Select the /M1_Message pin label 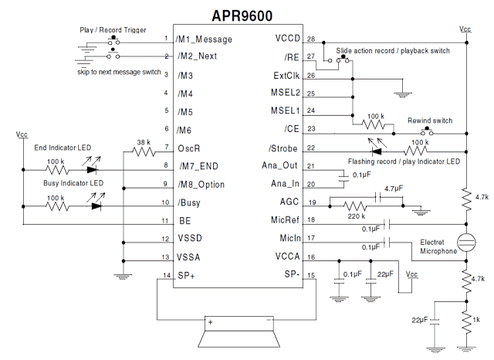[x=204, y=39]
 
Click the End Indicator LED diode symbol [x=93, y=168]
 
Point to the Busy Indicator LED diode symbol [x=96, y=206]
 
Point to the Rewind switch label [x=430, y=121]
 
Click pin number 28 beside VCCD [x=311, y=39]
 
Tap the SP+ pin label [x=186, y=276]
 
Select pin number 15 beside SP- [x=311, y=276]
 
